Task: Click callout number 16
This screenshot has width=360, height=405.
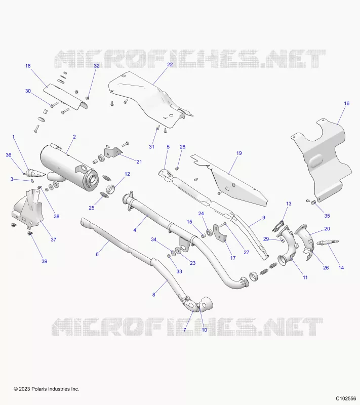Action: click(x=346, y=103)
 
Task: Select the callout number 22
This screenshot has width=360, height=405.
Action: click(x=170, y=65)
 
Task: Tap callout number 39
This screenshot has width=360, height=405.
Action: click(x=45, y=261)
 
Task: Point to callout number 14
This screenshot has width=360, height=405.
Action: click(x=341, y=268)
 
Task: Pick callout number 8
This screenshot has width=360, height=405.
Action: click(x=153, y=295)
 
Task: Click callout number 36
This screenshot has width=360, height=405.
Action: click(x=9, y=155)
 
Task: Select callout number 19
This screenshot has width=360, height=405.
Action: click(x=239, y=153)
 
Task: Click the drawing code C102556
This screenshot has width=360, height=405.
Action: click(x=346, y=398)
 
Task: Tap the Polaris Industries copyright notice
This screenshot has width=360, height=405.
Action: click(x=47, y=389)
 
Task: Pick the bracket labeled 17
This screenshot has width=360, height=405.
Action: click(x=220, y=232)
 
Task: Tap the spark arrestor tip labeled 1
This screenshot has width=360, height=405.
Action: click(x=36, y=173)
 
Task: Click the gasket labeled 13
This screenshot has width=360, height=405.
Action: click(x=278, y=226)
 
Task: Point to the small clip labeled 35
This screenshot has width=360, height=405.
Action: click(x=313, y=202)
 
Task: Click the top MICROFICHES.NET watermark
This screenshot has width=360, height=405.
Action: click(x=190, y=59)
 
